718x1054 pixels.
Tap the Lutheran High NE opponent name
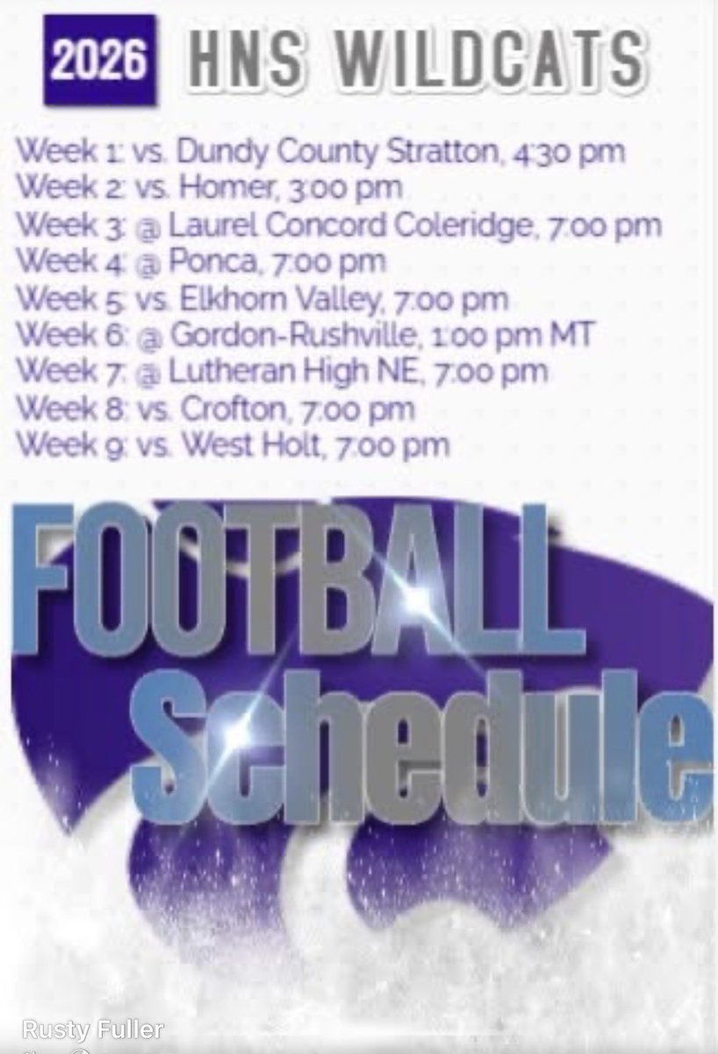pos(280,372)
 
